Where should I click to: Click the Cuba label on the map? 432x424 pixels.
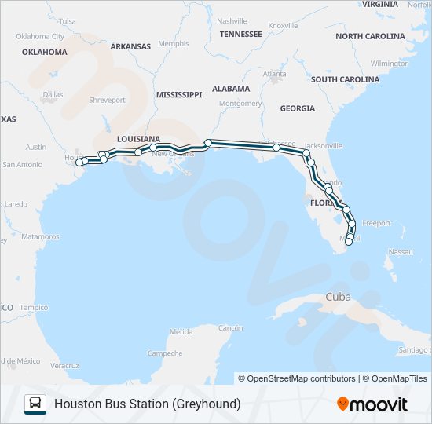point(338,297)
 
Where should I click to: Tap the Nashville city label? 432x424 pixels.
point(232,21)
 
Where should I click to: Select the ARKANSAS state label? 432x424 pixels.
point(130,46)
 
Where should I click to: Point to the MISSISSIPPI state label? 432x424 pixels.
point(179,94)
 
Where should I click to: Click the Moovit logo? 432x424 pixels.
point(372,404)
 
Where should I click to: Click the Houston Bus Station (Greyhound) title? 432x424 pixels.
point(147,404)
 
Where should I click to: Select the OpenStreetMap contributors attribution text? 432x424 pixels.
point(301,378)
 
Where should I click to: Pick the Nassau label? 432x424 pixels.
point(400,251)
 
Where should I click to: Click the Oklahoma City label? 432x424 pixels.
point(40,36)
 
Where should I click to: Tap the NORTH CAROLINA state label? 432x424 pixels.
point(370,36)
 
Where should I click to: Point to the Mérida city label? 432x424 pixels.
point(181,331)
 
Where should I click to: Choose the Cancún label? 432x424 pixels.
point(230,327)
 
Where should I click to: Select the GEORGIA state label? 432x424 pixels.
point(297,108)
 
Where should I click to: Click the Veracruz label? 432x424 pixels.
point(64,366)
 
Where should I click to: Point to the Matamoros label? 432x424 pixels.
point(40,236)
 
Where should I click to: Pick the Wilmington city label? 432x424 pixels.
point(390,63)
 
